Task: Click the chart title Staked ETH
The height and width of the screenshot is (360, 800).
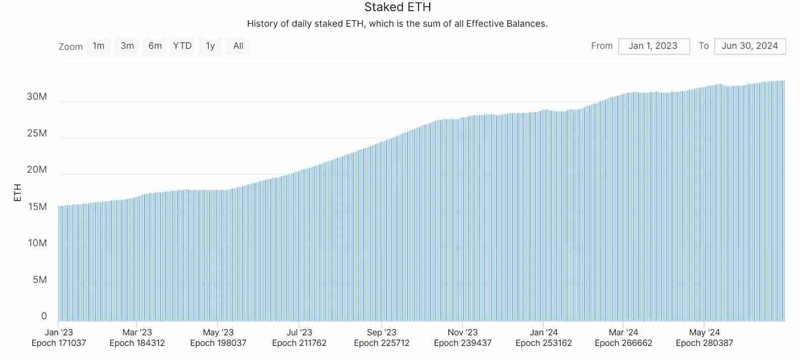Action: point(397,8)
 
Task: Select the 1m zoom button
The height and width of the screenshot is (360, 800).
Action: point(99,46)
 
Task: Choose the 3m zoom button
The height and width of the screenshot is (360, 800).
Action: point(127,46)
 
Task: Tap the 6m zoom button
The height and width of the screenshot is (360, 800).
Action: point(155,46)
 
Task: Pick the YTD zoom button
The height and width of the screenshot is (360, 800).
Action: point(182,46)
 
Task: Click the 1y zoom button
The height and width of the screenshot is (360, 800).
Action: point(210,46)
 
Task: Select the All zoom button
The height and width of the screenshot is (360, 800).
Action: point(238,46)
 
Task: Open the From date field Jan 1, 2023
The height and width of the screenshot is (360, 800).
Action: point(653,46)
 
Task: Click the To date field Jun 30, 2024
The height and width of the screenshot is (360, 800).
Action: point(750,46)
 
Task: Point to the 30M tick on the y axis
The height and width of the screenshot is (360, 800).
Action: point(37,97)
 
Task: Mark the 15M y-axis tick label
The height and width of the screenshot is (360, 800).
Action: point(37,206)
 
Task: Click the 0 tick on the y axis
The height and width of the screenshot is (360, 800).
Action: point(44,316)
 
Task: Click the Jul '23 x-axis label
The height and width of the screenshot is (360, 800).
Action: point(299,332)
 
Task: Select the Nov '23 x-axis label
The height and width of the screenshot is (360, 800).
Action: point(462,332)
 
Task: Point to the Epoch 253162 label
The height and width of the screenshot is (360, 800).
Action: point(544,343)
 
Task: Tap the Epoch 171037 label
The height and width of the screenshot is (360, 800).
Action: point(58,343)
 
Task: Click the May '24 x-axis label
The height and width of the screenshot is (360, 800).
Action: point(704,332)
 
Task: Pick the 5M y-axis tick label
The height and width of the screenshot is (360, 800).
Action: point(40,280)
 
